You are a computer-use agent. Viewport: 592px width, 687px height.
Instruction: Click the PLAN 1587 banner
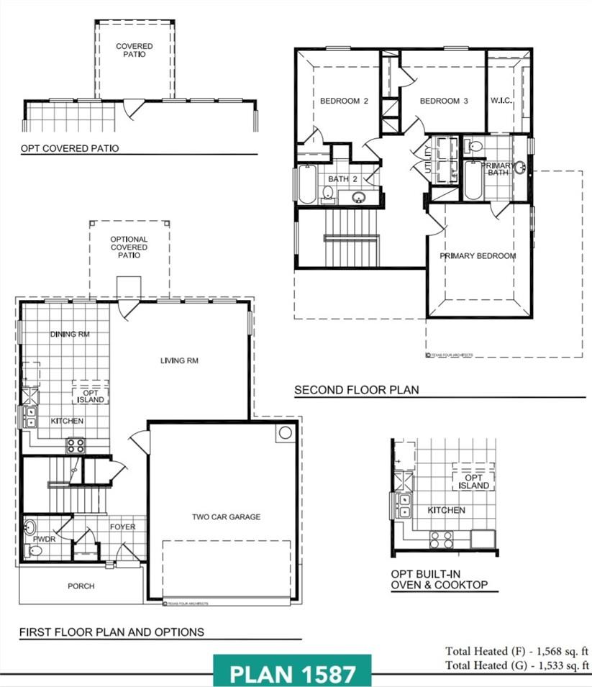click(x=292, y=674)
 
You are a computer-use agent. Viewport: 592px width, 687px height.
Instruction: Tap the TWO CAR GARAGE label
click(x=226, y=517)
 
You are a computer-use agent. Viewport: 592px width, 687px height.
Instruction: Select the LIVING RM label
click(x=179, y=360)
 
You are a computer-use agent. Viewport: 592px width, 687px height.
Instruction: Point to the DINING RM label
click(x=70, y=335)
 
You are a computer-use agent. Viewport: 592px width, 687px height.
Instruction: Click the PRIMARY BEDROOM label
click(x=478, y=256)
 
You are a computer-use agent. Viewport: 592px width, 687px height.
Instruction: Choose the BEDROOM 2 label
click(x=344, y=101)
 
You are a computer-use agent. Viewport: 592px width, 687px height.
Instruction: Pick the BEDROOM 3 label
click(x=444, y=101)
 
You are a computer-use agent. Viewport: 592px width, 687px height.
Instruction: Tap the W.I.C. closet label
click(x=501, y=101)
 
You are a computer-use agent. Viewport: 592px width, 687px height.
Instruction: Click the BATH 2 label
click(x=342, y=178)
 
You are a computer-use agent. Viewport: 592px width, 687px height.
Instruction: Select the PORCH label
click(x=81, y=586)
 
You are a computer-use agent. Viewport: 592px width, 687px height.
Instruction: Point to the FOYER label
click(x=122, y=527)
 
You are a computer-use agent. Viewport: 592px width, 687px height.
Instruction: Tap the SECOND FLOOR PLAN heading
click(x=356, y=390)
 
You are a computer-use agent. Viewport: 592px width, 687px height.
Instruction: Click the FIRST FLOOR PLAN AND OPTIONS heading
click(x=111, y=632)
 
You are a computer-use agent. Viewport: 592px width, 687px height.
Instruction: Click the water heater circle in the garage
click(x=285, y=432)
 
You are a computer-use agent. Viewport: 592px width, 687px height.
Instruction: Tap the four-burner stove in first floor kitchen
click(x=76, y=445)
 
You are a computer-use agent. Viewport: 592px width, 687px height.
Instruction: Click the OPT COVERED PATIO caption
click(x=69, y=149)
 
